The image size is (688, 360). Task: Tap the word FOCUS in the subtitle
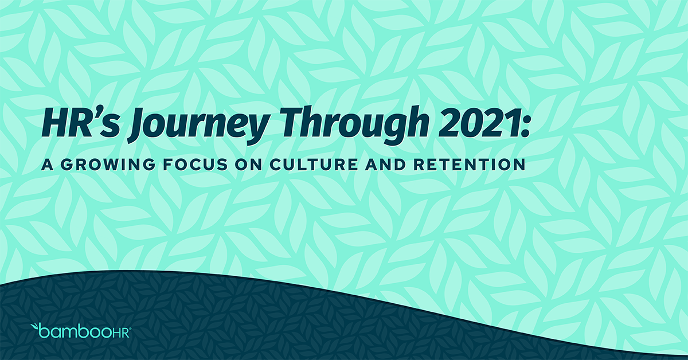click(190, 165)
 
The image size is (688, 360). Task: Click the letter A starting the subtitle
click(45, 165)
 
